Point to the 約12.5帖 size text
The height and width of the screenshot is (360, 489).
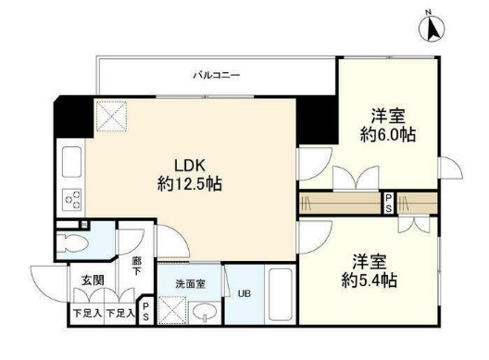click(189, 183)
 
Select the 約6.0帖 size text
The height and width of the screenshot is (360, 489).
click(387, 135)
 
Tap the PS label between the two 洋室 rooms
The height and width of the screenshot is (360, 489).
click(390, 202)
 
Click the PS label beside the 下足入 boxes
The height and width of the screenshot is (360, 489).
click(146, 307)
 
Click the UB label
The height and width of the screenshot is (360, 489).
click(245, 294)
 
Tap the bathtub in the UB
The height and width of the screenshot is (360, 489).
click(281, 298)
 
